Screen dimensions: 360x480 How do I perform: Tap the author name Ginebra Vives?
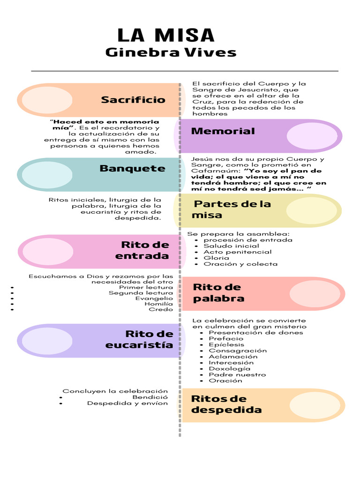[x=171, y=52]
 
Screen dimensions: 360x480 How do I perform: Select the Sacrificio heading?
[x=133, y=100]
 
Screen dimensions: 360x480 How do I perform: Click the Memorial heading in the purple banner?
[x=223, y=131]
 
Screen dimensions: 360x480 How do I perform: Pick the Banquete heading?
[x=132, y=168]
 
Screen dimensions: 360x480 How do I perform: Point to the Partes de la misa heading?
[x=232, y=210]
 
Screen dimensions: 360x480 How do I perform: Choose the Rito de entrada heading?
[x=142, y=250]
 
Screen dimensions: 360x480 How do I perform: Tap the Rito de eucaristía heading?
[x=140, y=339]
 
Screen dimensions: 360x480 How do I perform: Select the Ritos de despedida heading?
[x=226, y=404]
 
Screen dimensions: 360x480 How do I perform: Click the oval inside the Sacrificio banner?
[x=40, y=100]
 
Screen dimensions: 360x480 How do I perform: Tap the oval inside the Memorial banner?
[x=311, y=135]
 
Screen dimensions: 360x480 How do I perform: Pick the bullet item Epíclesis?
[x=226, y=345]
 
